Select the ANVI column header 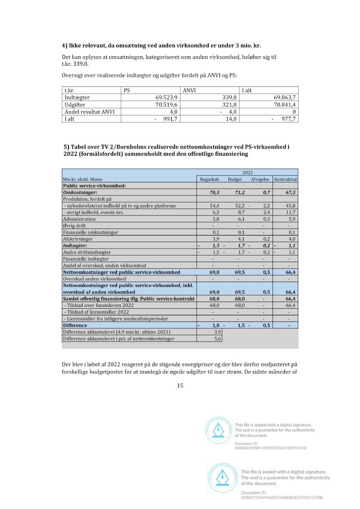point(189,90)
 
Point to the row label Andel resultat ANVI point(90,112)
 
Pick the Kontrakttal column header point(285,179)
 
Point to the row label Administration point(79,219)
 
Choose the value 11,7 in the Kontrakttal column point(291,212)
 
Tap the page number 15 point(180,385)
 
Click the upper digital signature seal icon point(218,430)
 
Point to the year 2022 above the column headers point(248,172)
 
